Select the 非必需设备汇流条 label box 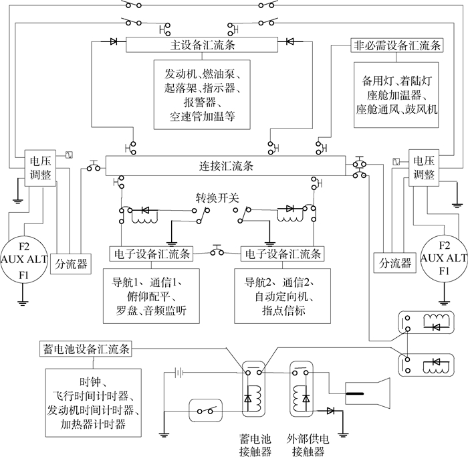click(396, 45)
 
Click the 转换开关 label click(217, 198)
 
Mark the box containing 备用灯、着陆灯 click(396, 94)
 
